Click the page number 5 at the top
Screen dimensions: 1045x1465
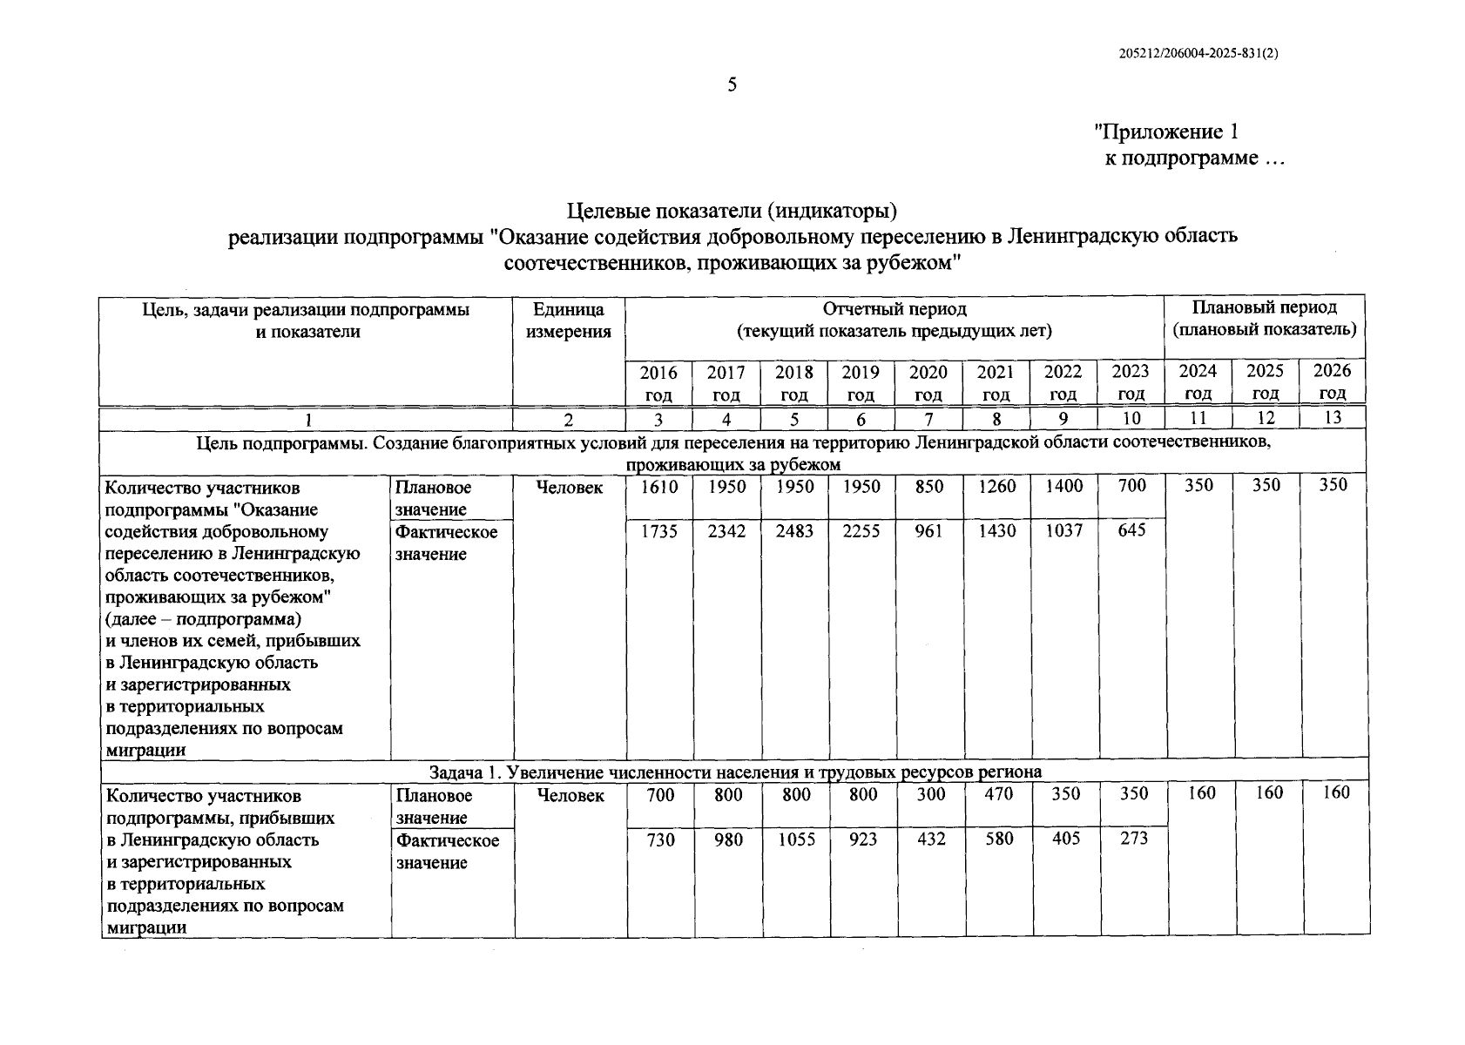click(x=732, y=85)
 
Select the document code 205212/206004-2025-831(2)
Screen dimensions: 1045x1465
click(x=1198, y=52)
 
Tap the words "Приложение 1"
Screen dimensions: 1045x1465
click(x=1166, y=132)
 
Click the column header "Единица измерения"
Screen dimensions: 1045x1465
click(x=568, y=320)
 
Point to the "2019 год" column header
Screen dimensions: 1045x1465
click(x=861, y=382)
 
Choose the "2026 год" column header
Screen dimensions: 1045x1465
click(x=1332, y=381)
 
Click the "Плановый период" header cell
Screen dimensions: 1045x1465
click(x=1264, y=319)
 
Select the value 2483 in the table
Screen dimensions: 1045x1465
click(x=794, y=531)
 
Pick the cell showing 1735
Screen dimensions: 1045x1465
click(x=659, y=531)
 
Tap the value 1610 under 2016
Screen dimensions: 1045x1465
click(x=659, y=487)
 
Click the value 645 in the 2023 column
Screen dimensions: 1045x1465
click(x=1131, y=529)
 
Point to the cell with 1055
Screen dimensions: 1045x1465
click(x=795, y=839)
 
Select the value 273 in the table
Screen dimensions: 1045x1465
click(x=1132, y=839)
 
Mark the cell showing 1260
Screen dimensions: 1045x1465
click(x=996, y=486)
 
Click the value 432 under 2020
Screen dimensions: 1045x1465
click(x=929, y=839)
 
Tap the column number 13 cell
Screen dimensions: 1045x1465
click(x=1332, y=418)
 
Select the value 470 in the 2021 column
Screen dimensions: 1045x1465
click(x=996, y=794)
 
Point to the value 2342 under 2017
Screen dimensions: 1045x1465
click(x=726, y=531)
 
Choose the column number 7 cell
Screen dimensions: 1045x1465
click(x=928, y=419)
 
